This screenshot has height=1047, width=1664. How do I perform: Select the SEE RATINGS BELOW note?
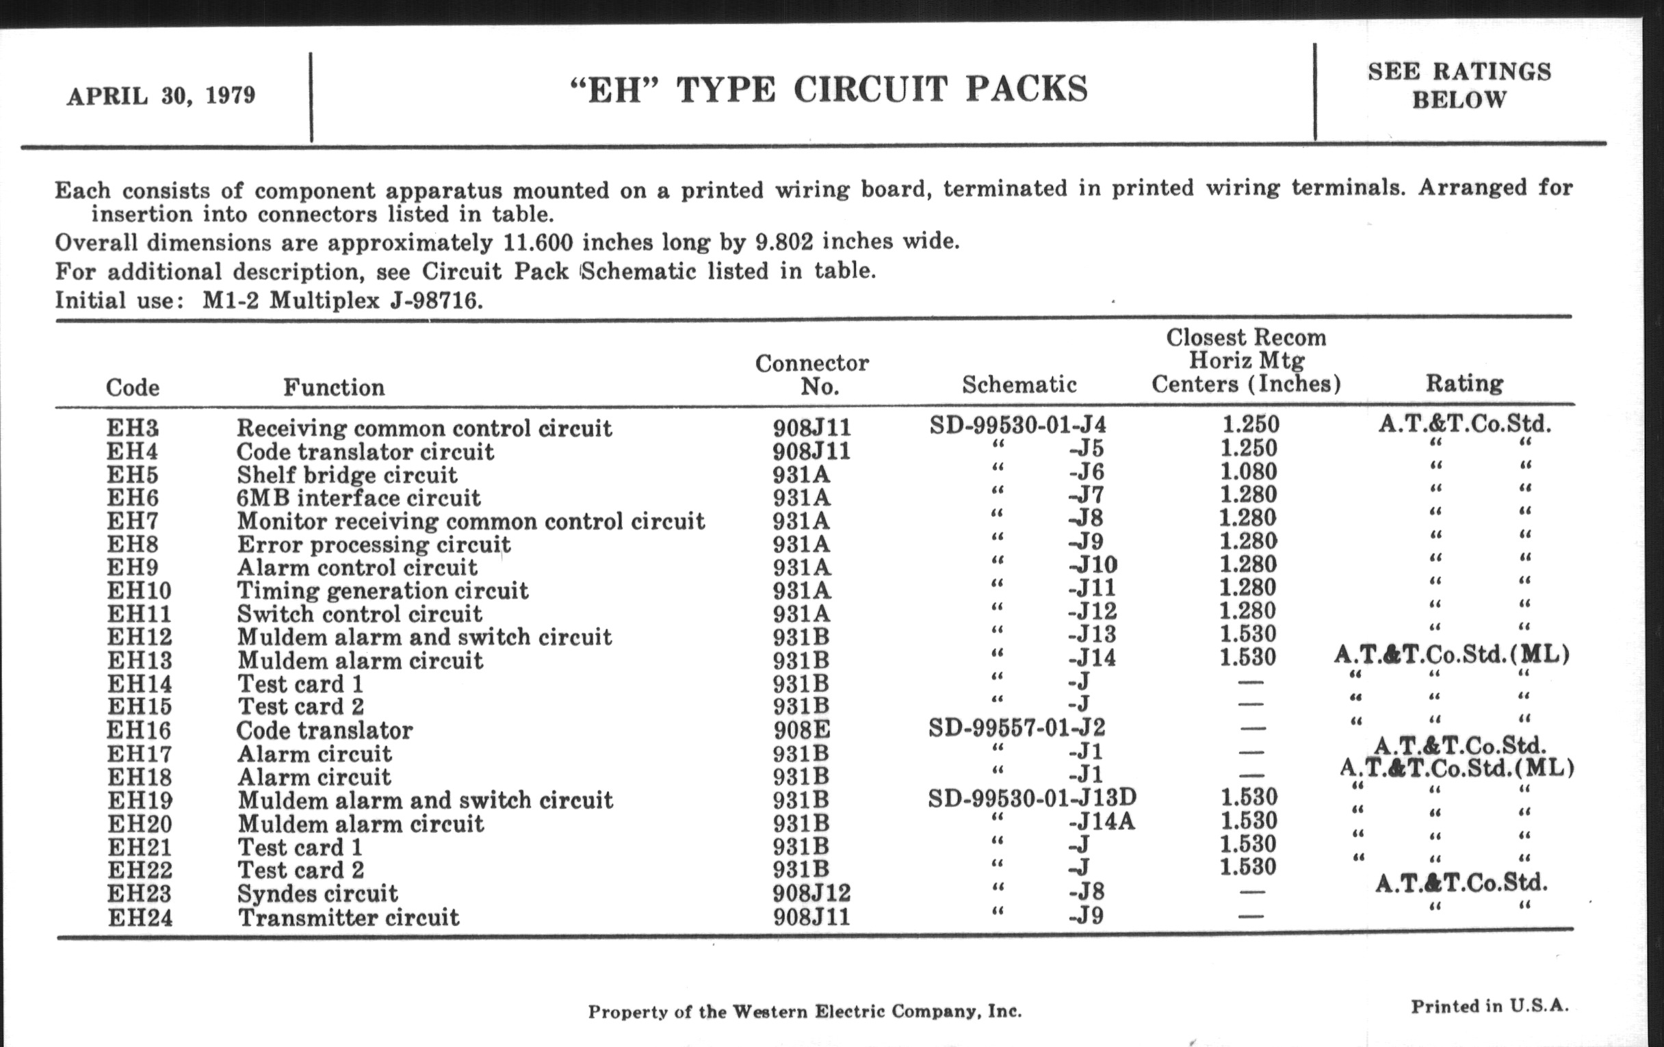pyautogui.click(x=1459, y=86)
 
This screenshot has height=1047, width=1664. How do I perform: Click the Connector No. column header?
pyautogui.click(x=812, y=374)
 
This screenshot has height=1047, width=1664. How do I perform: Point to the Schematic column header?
pyautogui.click(x=1019, y=385)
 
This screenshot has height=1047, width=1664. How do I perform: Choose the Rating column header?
pyautogui.click(x=1464, y=383)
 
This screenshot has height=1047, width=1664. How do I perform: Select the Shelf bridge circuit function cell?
pyautogui.click(x=347, y=475)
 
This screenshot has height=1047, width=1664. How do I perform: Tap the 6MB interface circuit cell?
pyautogui.click(x=359, y=498)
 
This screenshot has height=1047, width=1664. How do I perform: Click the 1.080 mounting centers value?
pyautogui.click(x=1248, y=471)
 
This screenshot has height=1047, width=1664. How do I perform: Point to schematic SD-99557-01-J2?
pyautogui.click(x=1017, y=727)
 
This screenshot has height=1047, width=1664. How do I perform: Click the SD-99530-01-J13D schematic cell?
pyautogui.click(x=1032, y=798)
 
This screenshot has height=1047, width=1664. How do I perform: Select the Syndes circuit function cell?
pyautogui.click(x=318, y=894)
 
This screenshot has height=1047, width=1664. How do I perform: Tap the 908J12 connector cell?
pyautogui.click(x=812, y=894)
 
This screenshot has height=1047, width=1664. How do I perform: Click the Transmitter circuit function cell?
pyautogui.click(x=348, y=918)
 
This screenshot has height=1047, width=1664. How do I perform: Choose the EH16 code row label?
pyautogui.click(x=140, y=730)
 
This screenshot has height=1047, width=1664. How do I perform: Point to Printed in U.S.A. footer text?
pyautogui.click(x=1489, y=1006)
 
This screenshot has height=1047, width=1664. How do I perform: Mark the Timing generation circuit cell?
pyautogui.click(x=383, y=591)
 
